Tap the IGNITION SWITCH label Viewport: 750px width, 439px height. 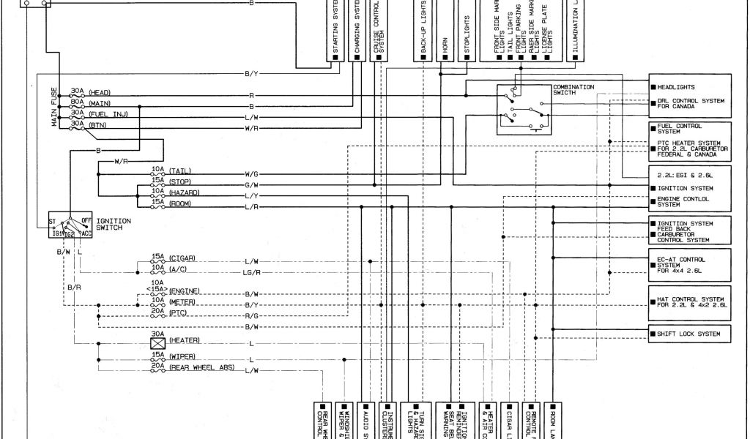(x=114, y=224)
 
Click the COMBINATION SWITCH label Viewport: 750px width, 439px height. (x=574, y=90)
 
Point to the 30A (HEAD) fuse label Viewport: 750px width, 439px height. (x=90, y=92)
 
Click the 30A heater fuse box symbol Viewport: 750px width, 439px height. (x=157, y=342)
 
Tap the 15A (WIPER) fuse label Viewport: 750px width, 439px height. (x=173, y=356)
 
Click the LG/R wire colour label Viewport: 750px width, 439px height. (x=252, y=271)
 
